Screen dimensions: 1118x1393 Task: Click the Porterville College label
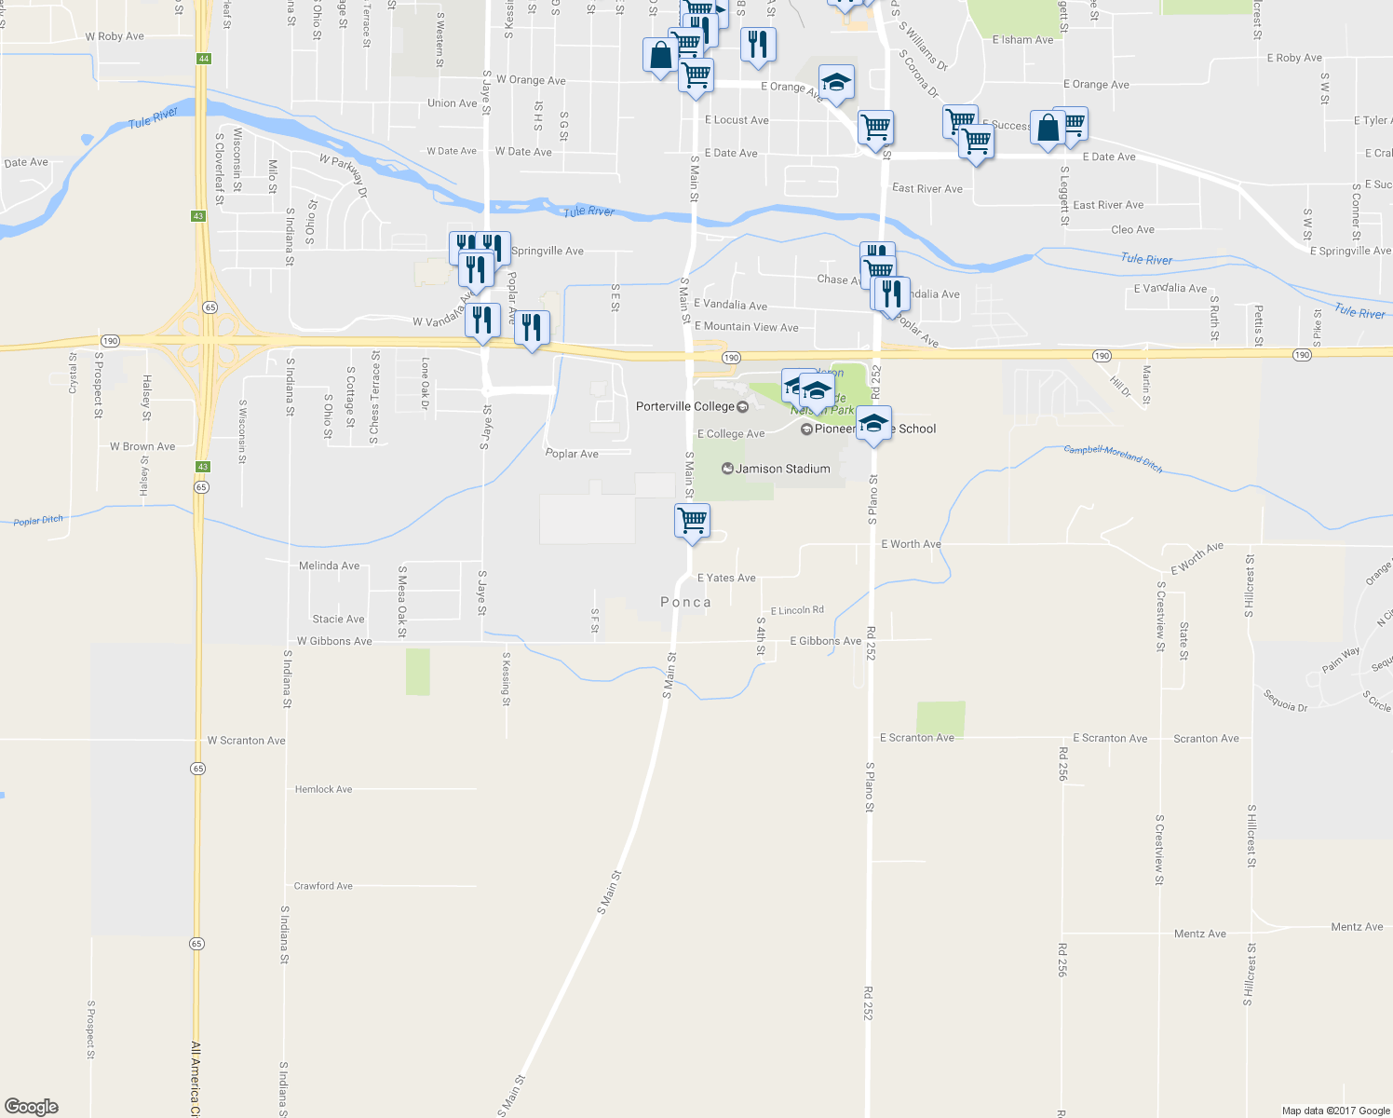pos(684,407)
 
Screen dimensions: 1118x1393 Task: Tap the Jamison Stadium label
pos(782,469)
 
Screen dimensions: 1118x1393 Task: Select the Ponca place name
pos(685,603)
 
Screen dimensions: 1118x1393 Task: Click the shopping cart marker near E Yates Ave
pos(692,521)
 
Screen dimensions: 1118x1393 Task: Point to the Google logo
pos(32,1107)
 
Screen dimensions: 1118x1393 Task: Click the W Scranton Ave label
pos(246,741)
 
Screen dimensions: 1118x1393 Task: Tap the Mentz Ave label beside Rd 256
pos(1199,934)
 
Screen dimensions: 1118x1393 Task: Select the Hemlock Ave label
pos(323,789)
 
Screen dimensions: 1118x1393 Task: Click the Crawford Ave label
pos(323,886)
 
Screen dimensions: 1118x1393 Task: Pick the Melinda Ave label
pos(329,566)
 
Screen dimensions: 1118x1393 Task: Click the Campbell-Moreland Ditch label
pos(1113,458)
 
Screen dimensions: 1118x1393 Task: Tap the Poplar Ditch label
pos(38,521)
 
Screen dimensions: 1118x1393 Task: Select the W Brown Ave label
pos(142,446)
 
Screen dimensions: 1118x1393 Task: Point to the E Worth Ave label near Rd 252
pos(911,544)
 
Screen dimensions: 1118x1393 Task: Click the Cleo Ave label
pos(1132,229)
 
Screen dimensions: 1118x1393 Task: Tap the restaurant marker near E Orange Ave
pos(758,45)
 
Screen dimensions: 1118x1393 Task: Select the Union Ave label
pos(453,103)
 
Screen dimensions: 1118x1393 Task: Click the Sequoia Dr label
pos(1285,701)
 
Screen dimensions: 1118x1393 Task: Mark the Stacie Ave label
pos(338,619)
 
